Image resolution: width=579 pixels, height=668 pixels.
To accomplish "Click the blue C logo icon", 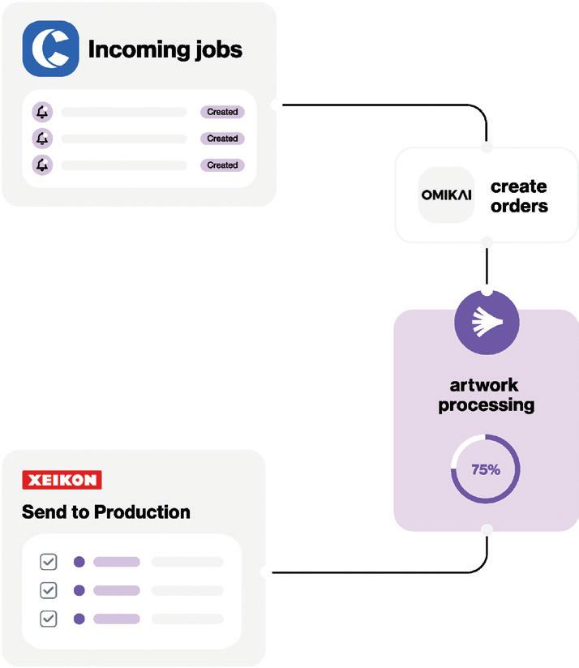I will click(50, 49).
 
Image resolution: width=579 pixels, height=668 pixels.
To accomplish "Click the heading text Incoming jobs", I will click(165, 49).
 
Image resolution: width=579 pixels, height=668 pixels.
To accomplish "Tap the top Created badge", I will click(221, 112).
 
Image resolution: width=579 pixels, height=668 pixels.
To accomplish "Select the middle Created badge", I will click(221, 139).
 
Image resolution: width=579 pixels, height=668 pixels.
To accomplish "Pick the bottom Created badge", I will click(221, 165).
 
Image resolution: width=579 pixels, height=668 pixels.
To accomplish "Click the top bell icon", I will click(41, 112).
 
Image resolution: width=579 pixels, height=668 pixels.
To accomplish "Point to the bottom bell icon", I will click(41, 165).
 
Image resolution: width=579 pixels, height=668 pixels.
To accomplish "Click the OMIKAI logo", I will click(446, 195).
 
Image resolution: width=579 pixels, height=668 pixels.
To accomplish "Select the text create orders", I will click(519, 196).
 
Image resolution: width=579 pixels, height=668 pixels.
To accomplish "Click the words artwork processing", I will click(486, 394).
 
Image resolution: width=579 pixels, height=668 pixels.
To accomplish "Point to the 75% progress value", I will click(486, 469).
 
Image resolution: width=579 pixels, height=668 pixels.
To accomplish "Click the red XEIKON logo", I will click(62, 480).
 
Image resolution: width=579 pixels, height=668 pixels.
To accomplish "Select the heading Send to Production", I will click(106, 512).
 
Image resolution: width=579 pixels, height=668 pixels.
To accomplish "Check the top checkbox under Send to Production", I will click(49, 562).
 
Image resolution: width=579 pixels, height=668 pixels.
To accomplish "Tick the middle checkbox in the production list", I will click(49, 590).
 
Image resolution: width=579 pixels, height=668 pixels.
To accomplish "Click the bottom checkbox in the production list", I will click(49, 619).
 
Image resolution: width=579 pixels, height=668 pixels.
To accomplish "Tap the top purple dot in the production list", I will click(79, 562).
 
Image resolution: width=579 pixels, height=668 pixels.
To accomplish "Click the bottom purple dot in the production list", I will click(79, 619).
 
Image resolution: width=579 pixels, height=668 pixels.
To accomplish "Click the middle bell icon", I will click(41, 139).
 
